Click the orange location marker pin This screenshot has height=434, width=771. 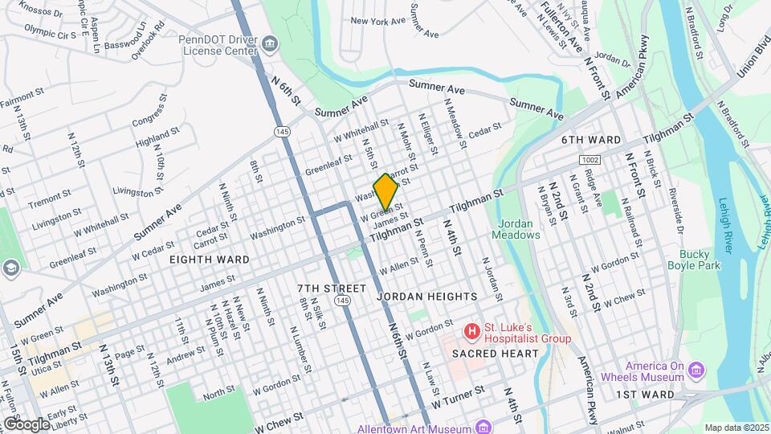click(x=385, y=191)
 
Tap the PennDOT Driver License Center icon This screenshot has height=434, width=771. click(x=271, y=42)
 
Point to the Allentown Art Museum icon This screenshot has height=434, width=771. click(x=482, y=426)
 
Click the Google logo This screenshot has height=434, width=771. click(x=26, y=424)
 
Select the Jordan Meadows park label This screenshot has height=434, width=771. click(x=519, y=229)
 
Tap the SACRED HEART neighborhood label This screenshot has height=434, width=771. click(x=488, y=354)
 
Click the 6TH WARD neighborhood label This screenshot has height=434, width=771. click(x=591, y=140)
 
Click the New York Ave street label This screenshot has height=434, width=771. click(x=376, y=22)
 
